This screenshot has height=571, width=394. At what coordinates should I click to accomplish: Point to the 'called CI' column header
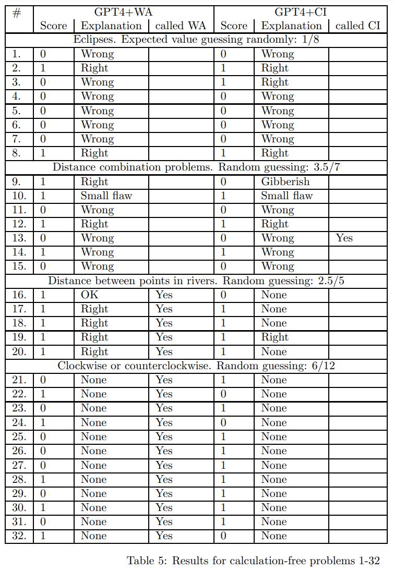coord(358,26)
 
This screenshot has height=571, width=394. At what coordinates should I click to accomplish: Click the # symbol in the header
coord(17,13)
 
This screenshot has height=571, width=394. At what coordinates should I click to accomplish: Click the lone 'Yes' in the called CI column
coord(344,238)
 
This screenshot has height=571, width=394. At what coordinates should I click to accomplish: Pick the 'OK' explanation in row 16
coord(89,295)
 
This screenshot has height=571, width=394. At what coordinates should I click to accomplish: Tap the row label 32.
coord(19,536)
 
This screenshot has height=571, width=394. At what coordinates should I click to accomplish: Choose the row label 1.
coord(17,54)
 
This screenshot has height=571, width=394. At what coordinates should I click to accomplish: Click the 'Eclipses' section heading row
coord(196,40)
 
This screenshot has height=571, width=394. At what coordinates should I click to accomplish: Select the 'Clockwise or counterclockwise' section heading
coord(196,366)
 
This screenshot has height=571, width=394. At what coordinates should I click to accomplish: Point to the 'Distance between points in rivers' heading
coord(196,281)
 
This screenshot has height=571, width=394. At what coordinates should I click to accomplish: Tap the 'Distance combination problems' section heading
coord(196,167)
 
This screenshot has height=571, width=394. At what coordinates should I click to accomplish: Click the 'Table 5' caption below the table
coord(253,561)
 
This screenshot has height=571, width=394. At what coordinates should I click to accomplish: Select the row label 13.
coord(19,238)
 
